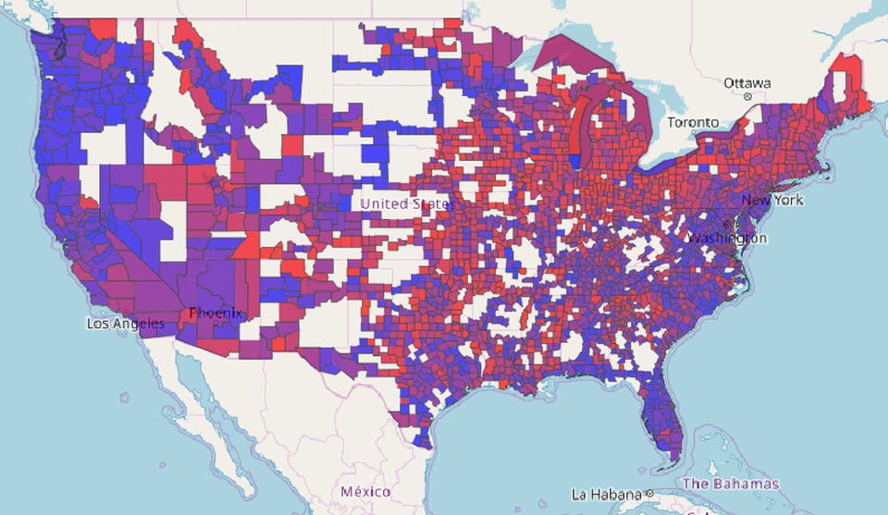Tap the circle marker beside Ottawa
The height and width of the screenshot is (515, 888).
tap(746, 95)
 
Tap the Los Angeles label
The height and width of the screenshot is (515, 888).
tap(126, 324)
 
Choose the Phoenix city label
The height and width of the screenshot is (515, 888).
tap(216, 313)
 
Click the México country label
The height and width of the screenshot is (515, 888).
tap(364, 491)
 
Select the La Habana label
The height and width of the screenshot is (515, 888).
tap(607, 493)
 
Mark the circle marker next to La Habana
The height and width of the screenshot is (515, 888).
tap(650, 493)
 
